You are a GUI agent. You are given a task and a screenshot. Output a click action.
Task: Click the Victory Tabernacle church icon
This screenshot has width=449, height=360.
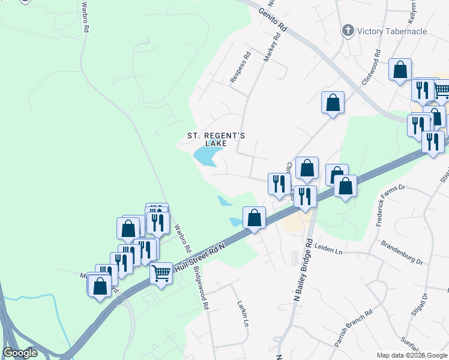click(348, 31)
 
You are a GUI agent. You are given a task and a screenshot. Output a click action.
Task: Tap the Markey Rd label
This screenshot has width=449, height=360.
click(273, 47)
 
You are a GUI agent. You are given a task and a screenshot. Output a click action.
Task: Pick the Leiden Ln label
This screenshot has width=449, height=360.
click(328, 250)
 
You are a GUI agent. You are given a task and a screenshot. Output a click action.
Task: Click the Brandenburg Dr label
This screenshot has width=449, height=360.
click(402, 253)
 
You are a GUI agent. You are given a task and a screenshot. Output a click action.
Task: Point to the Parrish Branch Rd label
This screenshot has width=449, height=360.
click(354, 328)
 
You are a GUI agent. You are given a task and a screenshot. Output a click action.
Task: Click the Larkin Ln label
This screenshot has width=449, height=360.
click(243, 313)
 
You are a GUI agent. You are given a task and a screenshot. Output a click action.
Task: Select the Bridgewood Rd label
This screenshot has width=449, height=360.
click(200, 292)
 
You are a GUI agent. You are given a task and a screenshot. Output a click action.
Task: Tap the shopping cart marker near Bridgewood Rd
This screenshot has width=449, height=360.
click(161, 274)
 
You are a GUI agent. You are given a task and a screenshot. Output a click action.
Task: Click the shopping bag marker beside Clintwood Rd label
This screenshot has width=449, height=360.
click(307, 169)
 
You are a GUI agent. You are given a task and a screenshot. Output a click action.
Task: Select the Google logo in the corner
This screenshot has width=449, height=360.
click(20, 353)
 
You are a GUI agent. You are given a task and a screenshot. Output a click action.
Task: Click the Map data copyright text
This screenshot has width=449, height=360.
click(412, 355)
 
